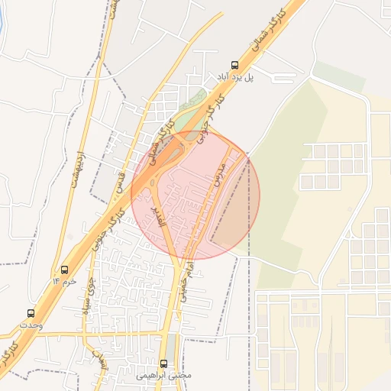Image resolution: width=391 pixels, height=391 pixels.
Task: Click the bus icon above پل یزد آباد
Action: coord(234,66)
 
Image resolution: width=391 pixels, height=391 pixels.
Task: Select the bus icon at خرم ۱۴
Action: coord(64,270)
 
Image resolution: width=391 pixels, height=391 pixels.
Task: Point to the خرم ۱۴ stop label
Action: coord(64,281)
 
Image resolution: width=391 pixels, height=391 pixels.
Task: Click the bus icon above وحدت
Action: coord(31,313)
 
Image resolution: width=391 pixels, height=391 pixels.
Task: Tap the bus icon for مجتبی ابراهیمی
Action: coord(164,364)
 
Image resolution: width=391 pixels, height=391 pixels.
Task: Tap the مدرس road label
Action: coord(221,175)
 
